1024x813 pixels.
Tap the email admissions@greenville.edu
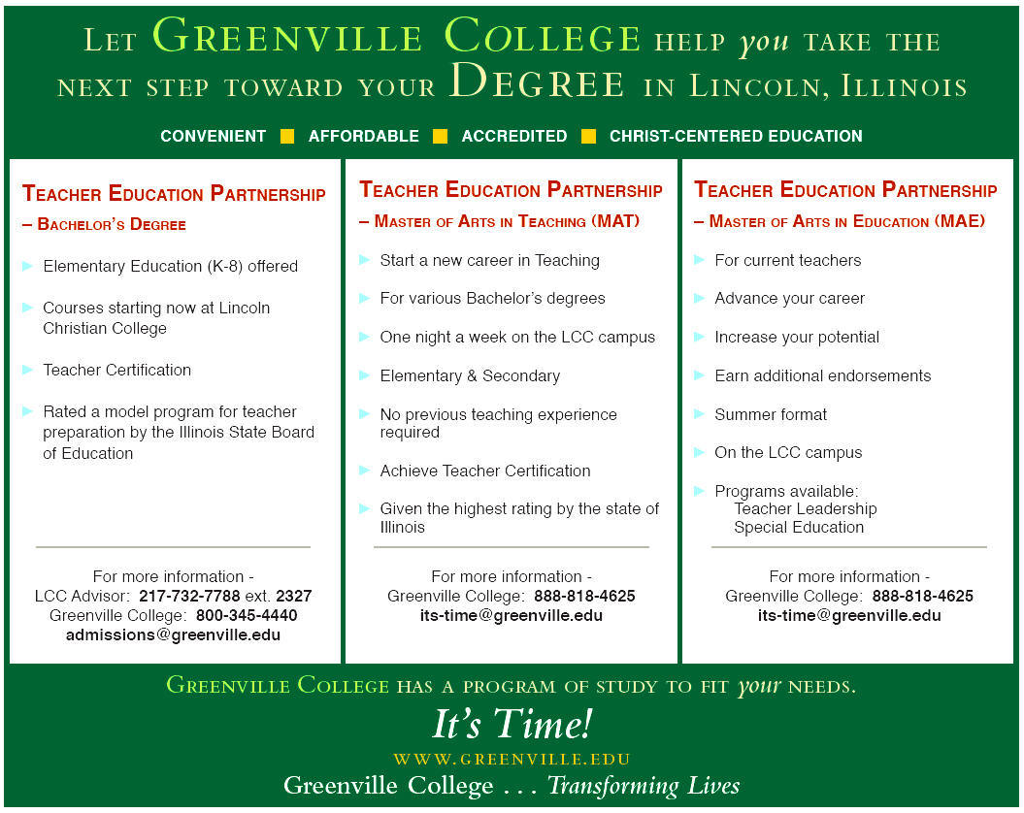(173, 635)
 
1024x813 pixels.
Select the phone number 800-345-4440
(247, 615)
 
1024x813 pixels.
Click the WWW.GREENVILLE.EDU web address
(512, 759)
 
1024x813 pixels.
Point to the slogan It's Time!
(512, 724)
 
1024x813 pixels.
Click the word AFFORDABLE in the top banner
(364, 137)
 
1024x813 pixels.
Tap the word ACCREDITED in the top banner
(514, 137)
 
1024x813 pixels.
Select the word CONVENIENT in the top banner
(213, 137)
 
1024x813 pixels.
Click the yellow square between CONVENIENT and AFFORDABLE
(287, 137)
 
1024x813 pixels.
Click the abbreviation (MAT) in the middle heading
(615, 221)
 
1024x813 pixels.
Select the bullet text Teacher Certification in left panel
(116, 370)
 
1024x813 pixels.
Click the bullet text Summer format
(771, 414)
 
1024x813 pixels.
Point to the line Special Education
(798, 528)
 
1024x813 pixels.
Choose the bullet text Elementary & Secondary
(470, 375)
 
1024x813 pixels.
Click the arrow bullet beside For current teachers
(700, 260)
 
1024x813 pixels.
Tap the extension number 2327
(293, 596)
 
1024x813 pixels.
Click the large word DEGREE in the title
(538, 83)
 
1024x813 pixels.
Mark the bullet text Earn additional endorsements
(822, 375)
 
